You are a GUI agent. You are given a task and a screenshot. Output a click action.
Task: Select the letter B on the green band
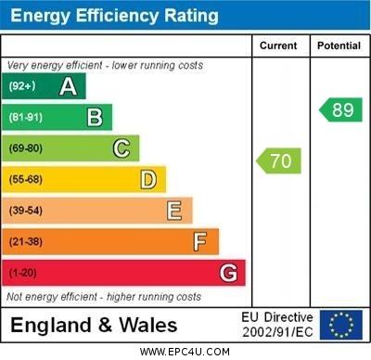click(x=95, y=117)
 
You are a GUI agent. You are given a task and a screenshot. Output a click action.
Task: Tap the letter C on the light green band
click(x=122, y=148)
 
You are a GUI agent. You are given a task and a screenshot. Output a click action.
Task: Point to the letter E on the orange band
click(x=174, y=211)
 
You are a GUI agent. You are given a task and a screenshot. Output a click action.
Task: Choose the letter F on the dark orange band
click(x=200, y=242)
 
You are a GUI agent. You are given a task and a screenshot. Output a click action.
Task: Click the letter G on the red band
click(x=228, y=273)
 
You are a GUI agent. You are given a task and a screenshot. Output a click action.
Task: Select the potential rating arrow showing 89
click(x=340, y=110)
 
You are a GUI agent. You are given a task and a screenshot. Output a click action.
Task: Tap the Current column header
click(x=278, y=45)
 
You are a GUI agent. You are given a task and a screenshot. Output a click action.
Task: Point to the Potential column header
click(x=339, y=45)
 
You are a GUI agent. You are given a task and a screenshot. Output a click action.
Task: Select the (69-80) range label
click(x=25, y=148)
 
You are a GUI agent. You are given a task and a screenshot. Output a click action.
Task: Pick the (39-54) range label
click(x=25, y=211)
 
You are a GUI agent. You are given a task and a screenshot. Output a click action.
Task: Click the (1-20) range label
click(x=22, y=273)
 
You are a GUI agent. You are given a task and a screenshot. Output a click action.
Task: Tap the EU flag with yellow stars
click(x=341, y=325)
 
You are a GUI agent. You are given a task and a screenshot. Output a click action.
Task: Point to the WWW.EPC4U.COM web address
click(x=185, y=352)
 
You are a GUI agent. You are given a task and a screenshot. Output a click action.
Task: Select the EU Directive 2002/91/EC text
click(x=277, y=325)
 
